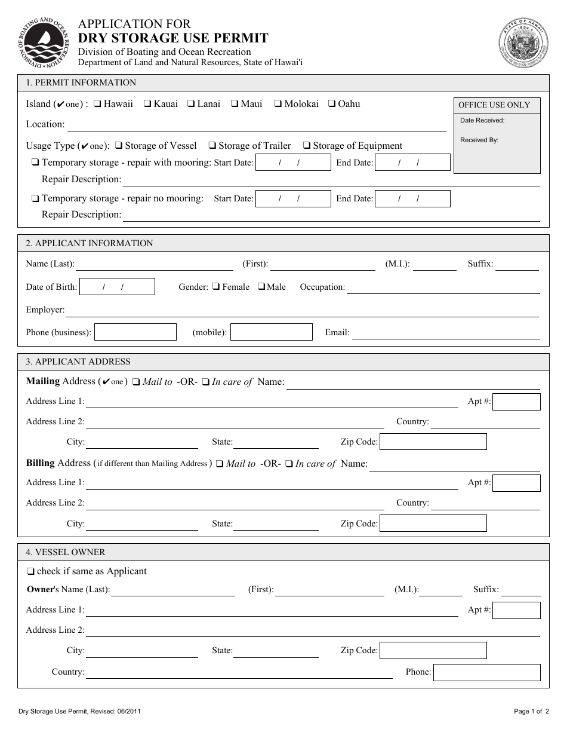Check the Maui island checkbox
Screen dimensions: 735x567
pyautogui.click(x=235, y=104)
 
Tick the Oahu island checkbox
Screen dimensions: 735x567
pyautogui.click(x=332, y=104)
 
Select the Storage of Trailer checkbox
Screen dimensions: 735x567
pyautogui.click(x=212, y=146)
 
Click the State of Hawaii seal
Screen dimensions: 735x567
pyautogui.click(x=523, y=44)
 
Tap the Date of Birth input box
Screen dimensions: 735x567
pyautogui.click(x=117, y=287)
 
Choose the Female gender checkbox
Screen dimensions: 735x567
pyautogui.click(x=216, y=287)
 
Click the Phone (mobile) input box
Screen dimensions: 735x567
pyautogui.click(x=272, y=332)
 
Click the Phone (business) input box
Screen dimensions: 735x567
pyautogui.click(x=135, y=332)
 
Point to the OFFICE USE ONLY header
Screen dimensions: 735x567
pyautogui.click(x=494, y=105)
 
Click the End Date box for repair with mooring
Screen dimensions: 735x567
pyautogui.click(x=412, y=163)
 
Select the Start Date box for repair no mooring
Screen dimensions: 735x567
pyautogui.click(x=292, y=199)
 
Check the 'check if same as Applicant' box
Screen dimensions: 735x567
pyautogui.click(x=31, y=572)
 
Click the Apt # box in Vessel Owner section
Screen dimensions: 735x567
pyautogui.click(x=516, y=610)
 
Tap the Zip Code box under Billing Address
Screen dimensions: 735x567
pyautogui.click(x=433, y=524)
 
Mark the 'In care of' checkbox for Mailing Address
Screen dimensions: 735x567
pyautogui.click(x=206, y=382)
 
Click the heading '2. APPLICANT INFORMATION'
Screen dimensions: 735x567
pyautogui.click(x=89, y=243)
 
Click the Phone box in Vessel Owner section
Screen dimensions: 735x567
pyautogui.click(x=486, y=672)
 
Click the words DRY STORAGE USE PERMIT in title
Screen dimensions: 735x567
pyautogui.click(x=174, y=39)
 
